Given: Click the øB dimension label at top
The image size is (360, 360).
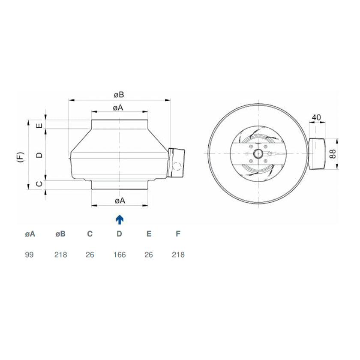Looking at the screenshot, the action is tap(119, 95).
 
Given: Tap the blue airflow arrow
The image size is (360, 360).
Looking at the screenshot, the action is tap(120, 219).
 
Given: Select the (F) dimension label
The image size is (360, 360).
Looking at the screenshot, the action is tap(21, 157).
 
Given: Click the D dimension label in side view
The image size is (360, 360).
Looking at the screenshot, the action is tap(40, 155).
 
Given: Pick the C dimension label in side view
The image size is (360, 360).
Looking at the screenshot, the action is tap(40, 184).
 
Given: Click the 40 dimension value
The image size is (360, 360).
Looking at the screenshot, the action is tap(316, 117).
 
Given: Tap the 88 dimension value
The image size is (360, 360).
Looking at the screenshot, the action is tap(333, 153).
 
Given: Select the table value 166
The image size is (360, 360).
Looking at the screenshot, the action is tap(120, 255).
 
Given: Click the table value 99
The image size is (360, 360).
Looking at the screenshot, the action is tap(29, 255).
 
